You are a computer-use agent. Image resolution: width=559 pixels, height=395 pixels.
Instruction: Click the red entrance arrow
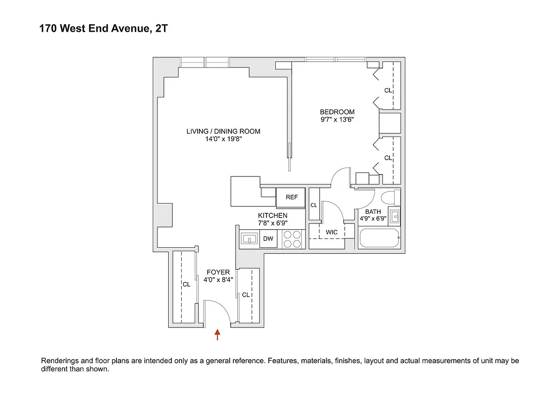click(x=218, y=334)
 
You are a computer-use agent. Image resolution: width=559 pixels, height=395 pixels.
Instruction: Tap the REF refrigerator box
click(x=291, y=197)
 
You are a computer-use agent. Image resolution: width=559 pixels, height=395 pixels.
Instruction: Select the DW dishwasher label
click(x=268, y=238)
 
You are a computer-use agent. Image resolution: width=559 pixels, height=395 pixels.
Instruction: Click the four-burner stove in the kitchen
click(x=292, y=239)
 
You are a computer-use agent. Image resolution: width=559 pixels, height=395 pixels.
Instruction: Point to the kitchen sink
click(x=249, y=239)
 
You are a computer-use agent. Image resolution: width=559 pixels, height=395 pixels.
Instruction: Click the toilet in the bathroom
click(x=390, y=198)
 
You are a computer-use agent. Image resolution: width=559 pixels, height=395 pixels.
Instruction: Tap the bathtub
click(x=379, y=238)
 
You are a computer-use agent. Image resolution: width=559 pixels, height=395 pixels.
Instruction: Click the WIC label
click(x=331, y=232)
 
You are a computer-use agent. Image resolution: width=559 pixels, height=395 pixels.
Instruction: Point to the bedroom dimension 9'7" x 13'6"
click(x=337, y=120)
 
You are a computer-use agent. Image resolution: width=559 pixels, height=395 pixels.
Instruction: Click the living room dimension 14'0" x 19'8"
click(x=223, y=139)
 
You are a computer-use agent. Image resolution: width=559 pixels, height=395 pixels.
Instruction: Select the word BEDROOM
click(x=337, y=112)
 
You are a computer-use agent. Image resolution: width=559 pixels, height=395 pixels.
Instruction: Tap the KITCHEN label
click(x=273, y=215)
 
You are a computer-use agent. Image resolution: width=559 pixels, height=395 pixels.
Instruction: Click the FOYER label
click(x=218, y=272)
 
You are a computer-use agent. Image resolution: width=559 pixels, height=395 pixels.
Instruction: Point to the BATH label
click(x=373, y=211)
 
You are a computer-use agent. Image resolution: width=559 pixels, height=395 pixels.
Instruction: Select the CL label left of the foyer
click(x=186, y=284)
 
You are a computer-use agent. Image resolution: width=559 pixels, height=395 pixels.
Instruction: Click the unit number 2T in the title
click(x=162, y=28)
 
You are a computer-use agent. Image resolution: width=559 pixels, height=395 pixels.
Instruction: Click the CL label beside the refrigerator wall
click(x=314, y=205)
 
